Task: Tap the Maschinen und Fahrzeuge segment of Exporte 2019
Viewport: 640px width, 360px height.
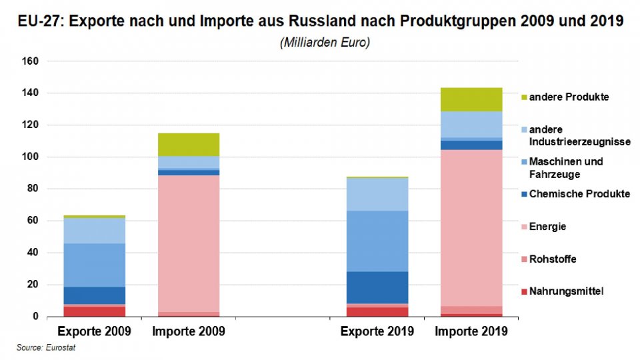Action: [377, 241]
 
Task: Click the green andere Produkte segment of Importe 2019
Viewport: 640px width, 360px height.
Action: [471, 99]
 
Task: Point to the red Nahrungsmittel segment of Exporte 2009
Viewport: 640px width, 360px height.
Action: [95, 311]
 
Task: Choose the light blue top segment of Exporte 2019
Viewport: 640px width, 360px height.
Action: [377, 194]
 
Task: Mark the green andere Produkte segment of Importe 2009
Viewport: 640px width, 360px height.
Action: [189, 145]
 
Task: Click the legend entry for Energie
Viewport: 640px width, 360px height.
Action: [547, 227]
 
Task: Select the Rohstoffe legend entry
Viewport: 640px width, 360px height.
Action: [552, 259]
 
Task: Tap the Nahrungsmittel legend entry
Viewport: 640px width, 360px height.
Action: [566, 291]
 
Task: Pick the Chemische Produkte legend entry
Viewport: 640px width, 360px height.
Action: [579, 194]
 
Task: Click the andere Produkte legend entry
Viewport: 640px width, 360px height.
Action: [569, 97]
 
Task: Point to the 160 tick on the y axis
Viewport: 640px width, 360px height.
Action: [31, 61]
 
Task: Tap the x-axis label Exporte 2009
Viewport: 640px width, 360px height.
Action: [95, 331]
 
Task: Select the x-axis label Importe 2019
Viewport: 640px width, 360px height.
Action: [471, 331]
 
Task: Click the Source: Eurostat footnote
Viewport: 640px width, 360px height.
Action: [46, 348]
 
